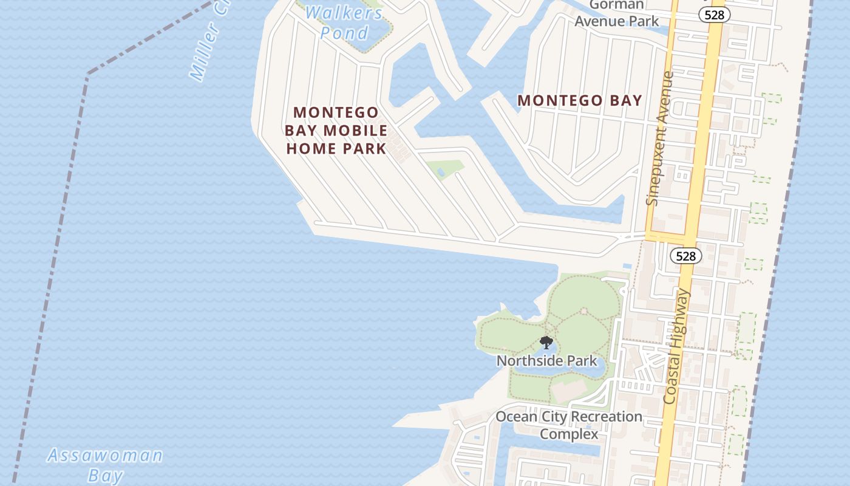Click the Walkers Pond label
click(344, 22)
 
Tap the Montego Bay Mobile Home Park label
click(336, 130)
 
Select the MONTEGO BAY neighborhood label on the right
click(579, 101)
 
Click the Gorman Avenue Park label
click(616, 13)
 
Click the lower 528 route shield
click(685, 256)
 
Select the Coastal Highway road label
click(678, 347)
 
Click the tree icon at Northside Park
click(546, 343)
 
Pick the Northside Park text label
click(546, 361)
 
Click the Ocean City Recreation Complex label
click(569, 425)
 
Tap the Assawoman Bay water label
click(105, 465)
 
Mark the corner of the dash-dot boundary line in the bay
click(87, 74)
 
